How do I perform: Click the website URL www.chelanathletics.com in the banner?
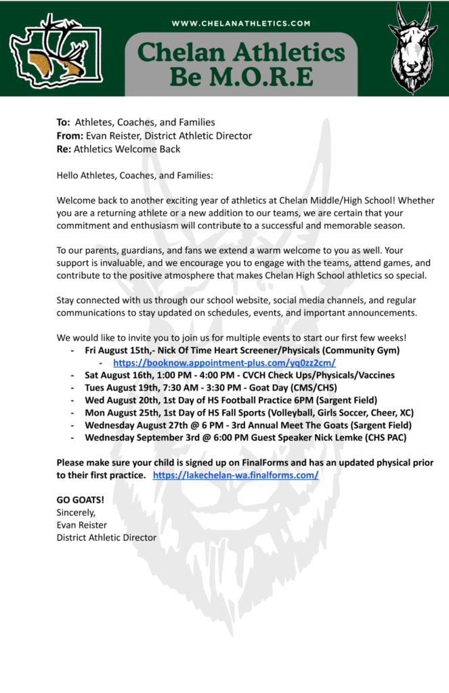[240, 23]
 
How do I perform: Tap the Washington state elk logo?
[49, 51]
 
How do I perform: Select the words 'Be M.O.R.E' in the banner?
[241, 76]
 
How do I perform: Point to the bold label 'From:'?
[69, 135]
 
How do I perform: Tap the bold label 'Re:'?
[64, 149]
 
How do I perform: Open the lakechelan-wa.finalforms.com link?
[236, 475]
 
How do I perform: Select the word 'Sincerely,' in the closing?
[77, 512]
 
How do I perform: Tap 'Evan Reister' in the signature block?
[81, 525]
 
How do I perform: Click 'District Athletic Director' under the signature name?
[106, 537]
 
